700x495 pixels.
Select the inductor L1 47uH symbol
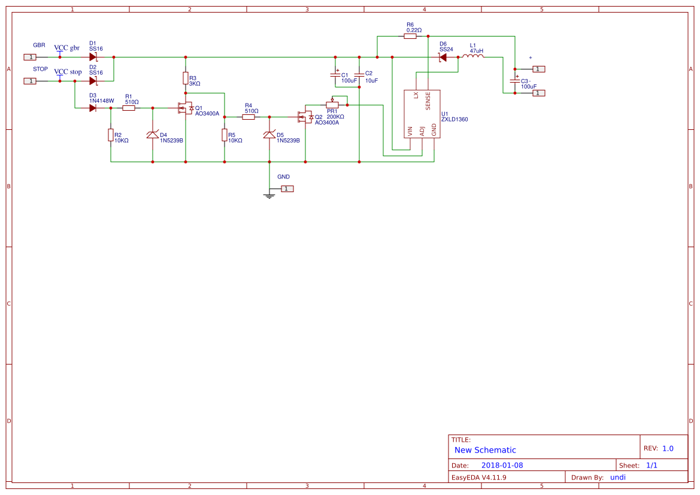coord(476,57)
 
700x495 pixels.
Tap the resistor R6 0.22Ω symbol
coord(410,36)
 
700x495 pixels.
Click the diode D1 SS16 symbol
coord(93,57)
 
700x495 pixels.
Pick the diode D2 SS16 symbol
coord(93,81)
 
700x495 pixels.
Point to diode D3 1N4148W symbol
coord(93,108)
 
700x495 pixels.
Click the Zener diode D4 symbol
coord(153,135)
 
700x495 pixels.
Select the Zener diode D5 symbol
coord(269,135)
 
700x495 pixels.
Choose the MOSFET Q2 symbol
coord(304,117)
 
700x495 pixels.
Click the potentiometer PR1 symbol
coord(332,105)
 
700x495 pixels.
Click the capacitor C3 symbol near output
coord(515,80)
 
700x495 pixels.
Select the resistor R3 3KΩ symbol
coord(186,78)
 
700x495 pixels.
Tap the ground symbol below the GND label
coord(269,195)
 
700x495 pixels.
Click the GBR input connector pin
coord(30,57)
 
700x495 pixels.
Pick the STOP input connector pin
coord(30,81)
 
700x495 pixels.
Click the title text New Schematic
coord(485,450)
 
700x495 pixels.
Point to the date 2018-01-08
coord(502,465)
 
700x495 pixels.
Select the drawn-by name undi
coord(618,477)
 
